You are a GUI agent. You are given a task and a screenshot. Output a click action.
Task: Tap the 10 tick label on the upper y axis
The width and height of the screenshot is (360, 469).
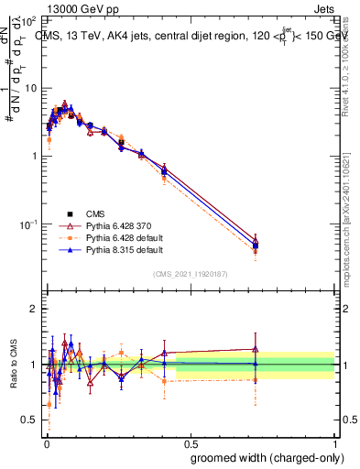(31, 88)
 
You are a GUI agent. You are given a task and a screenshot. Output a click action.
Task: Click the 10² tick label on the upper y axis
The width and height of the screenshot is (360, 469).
(29, 20)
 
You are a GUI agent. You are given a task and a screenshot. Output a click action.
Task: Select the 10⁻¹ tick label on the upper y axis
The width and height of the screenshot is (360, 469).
(29, 224)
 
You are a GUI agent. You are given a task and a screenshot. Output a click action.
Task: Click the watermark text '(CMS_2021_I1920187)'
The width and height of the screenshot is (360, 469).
(191, 274)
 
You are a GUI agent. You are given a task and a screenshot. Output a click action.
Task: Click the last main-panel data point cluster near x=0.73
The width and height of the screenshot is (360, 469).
(255, 244)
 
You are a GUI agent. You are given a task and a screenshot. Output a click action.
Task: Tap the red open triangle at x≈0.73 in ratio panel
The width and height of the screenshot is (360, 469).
(255, 349)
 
